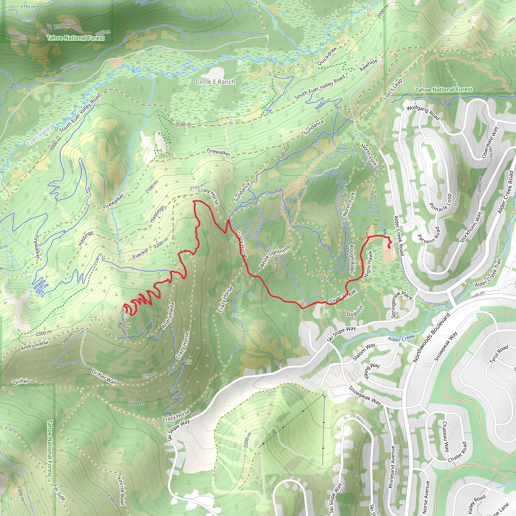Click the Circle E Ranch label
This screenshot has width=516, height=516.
click(215, 82)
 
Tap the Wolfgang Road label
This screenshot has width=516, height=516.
click(423, 113)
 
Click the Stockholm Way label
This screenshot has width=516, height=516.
click(471, 227)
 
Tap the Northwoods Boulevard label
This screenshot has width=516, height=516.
click(431, 338)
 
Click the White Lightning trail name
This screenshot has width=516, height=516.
click(274, 256)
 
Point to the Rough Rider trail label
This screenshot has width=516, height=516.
click(351, 259)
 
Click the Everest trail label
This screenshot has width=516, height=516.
click(140, 254)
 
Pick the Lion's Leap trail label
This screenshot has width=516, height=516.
click(392, 89)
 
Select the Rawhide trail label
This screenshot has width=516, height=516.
click(369, 65)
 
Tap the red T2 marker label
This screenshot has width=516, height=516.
click(128, 326)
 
